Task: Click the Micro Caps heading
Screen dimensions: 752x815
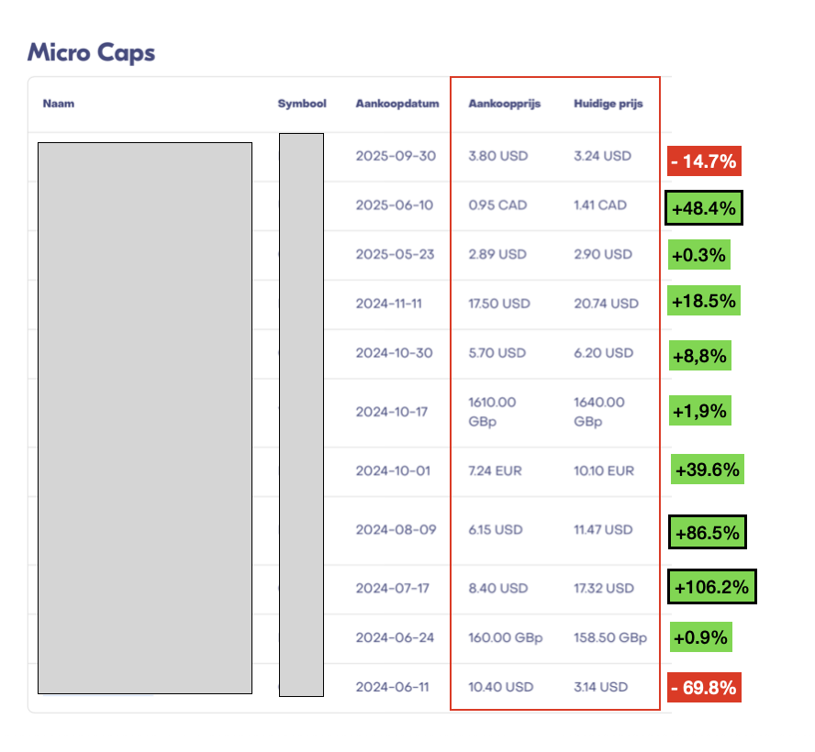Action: pos(91,52)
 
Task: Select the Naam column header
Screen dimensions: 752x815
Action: pos(59,104)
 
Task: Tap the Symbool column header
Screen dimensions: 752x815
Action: pos(302,104)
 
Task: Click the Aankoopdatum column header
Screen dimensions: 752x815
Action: pos(397,104)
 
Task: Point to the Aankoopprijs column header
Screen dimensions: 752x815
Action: pos(504,104)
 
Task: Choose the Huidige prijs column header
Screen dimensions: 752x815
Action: pos(608,104)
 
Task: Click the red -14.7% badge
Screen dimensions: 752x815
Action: pos(704,161)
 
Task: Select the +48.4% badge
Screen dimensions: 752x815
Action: pos(704,208)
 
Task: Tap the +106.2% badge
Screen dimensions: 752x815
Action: pos(711,586)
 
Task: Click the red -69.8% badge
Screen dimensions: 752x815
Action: pos(704,687)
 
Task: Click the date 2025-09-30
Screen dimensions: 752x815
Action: pos(396,156)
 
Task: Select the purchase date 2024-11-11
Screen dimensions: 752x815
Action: pos(388,304)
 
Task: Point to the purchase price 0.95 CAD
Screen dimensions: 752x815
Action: pos(497,205)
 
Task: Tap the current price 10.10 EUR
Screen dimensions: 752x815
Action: pos(603,471)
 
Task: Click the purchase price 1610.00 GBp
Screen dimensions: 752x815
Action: pos(493,412)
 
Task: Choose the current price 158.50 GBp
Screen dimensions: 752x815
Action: pos(609,637)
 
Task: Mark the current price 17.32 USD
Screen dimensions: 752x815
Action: pos(603,588)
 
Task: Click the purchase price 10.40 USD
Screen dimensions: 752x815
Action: pos(498,687)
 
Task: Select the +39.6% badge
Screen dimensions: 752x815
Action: pos(706,470)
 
